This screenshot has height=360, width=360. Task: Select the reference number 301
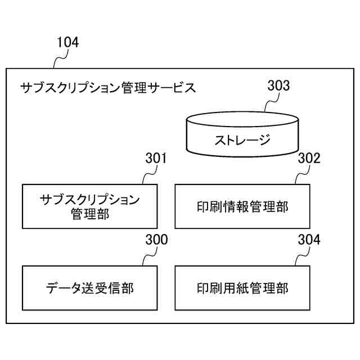[155, 159]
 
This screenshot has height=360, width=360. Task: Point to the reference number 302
[309, 159]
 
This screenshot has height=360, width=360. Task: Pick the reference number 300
[155, 240]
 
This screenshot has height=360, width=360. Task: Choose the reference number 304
[309, 240]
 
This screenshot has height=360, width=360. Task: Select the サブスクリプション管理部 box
[89, 206]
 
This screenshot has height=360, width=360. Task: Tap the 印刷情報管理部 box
[242, 206]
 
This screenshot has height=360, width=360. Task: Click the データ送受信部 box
[89, 288]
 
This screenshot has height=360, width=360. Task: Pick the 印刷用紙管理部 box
[242, 288]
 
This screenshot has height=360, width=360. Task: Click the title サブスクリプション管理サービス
[107, 88]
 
